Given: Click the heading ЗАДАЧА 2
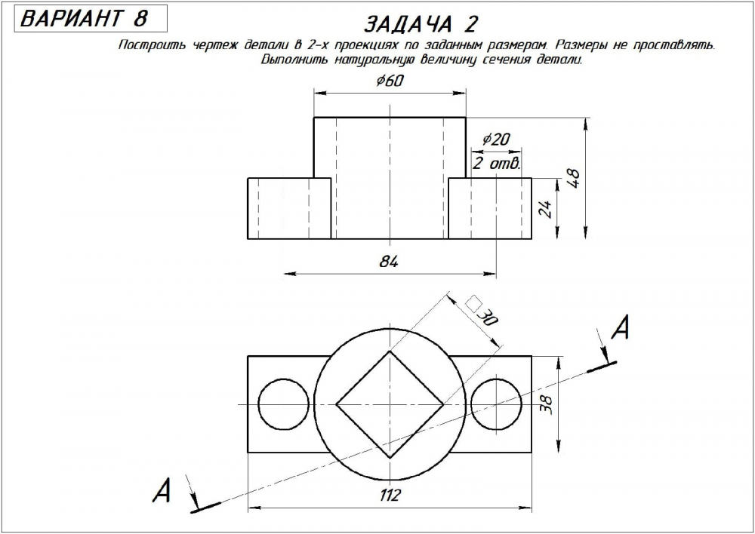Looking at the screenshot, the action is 421,24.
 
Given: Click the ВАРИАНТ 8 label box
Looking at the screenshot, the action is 84,19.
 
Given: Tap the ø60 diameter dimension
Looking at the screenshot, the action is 389,81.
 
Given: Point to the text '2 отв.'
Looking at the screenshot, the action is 496,163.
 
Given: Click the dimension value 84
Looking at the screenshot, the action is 388,262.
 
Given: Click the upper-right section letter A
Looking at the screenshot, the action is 620,328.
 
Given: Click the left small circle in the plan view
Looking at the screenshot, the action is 282,404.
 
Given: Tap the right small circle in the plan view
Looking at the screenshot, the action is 495,404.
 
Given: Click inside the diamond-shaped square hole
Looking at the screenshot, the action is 389,404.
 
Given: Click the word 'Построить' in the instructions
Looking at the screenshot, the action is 147,45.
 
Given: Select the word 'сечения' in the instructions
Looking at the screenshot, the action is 510,60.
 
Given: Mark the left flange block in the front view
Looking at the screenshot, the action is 289,208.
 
